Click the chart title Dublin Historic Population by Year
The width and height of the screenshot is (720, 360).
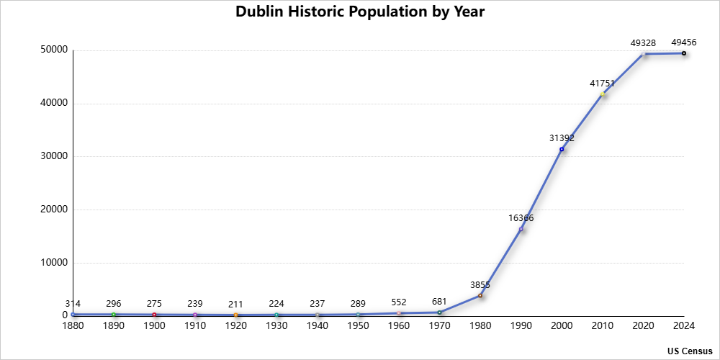coord(360,12)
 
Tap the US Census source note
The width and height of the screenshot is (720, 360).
coord(689,351)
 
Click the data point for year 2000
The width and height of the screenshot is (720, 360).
coord(562,149)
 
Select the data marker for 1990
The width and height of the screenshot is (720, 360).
coord(521,229)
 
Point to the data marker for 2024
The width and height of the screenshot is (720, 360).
coord(684,53)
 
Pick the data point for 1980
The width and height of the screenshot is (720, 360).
coord(480,295)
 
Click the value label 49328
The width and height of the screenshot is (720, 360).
coord(643,43)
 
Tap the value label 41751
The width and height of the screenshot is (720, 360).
coord(602,84)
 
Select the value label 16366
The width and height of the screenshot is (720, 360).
coord(521,218)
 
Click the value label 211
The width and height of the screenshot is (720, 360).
coord(235,304)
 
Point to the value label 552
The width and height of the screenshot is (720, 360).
coord(399,302)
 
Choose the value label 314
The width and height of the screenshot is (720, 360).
coord(73,304)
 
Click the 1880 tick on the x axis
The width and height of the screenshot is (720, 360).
coord(73,326)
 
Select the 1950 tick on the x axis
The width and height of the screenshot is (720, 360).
coord(358,326)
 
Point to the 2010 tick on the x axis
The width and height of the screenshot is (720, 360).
coord(602,326)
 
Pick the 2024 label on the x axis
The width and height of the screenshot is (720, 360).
coord(684,326)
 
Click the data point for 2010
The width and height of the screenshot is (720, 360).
coord(603,94)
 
